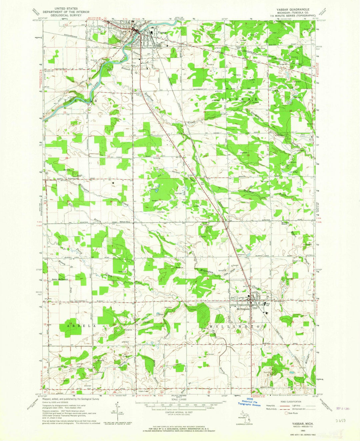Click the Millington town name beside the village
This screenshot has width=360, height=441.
243,309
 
